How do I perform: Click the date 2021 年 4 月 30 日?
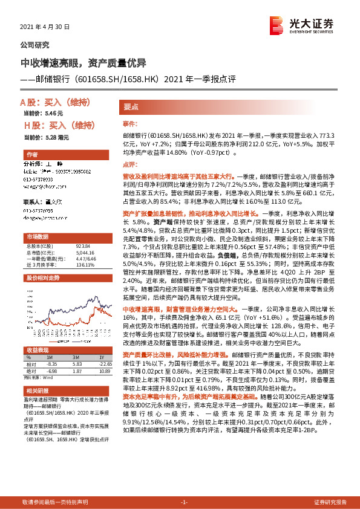coord(45,27)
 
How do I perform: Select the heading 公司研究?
coord(35,45)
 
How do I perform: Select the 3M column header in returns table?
coord(76,358)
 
